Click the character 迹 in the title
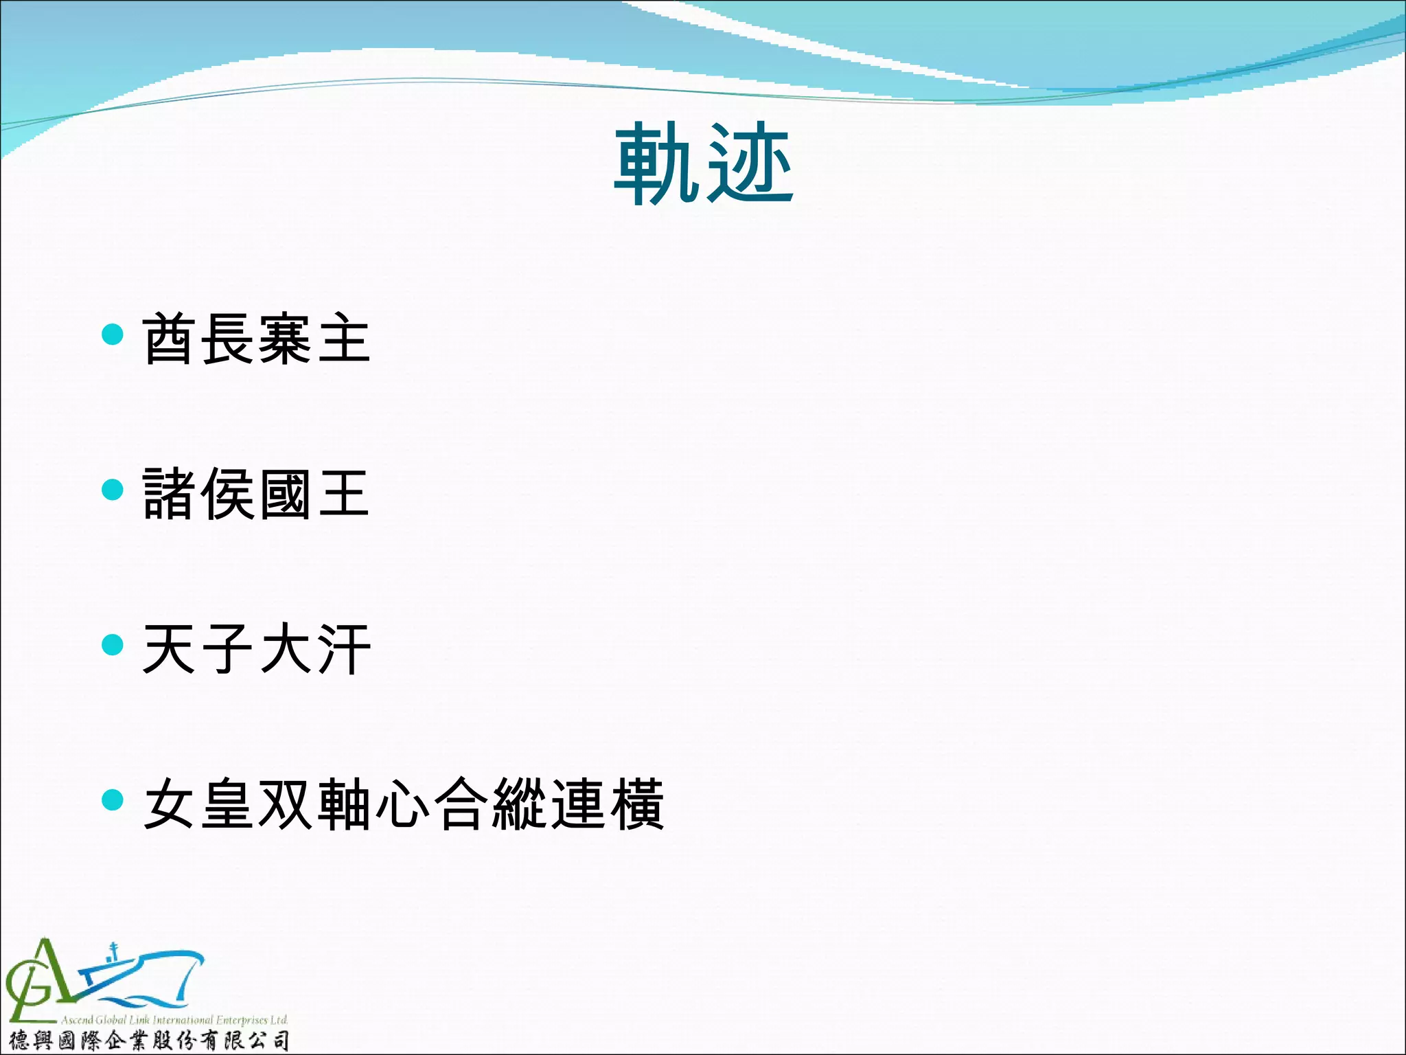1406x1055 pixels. (750, 165)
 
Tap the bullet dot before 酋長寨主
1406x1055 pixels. (112, 334)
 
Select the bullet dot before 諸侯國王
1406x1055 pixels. (112, 490)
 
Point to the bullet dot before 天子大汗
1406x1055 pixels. (112, 644)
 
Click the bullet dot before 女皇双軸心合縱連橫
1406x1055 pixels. (112, 799)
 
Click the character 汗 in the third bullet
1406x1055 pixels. (343, 648)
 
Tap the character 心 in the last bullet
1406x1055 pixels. (402, 804)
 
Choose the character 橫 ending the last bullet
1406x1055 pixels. (635, 804)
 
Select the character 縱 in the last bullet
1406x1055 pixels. (518, 804)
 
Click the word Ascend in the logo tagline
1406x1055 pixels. (77, 1020)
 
